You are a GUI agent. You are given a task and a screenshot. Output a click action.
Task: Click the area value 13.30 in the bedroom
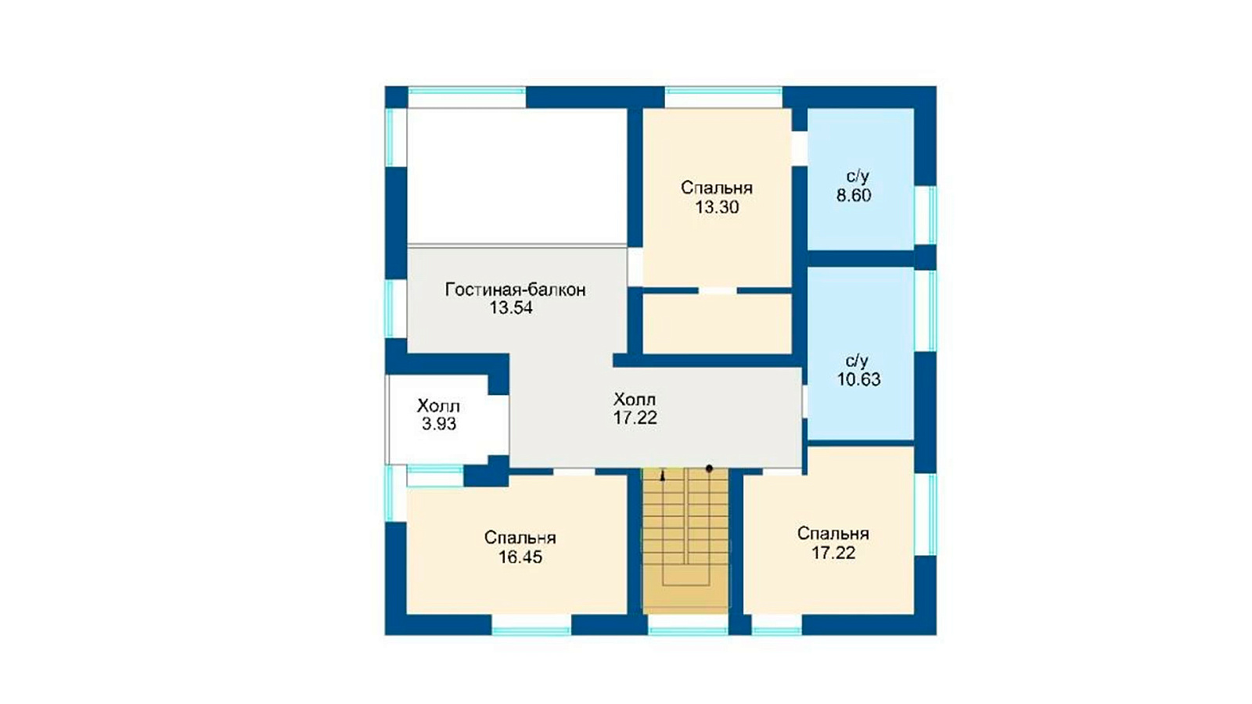tap(717, 207)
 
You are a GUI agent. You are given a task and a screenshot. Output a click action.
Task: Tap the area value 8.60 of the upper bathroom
tap(854, 196)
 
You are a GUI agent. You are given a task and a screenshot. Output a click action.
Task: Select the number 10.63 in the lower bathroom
tap(858, 379)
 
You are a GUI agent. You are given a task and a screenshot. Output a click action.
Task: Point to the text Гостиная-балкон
tap(516, 290)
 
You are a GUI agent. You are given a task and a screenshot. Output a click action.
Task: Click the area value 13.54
tap(512, 308)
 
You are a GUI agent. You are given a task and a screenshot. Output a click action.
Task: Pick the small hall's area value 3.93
tap(439, 424)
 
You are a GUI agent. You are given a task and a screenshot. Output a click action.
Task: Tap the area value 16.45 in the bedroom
tap(520, 557)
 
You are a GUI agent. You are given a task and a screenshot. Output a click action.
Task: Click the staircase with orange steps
tap(685, 541)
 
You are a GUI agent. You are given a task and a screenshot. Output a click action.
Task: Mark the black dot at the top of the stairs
tap(709, 469)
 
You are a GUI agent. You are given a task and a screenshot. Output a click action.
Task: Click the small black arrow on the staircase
tap(663, 476)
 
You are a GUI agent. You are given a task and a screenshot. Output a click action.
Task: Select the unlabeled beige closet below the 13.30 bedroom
tap(717, 324)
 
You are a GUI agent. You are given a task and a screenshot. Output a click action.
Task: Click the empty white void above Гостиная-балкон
tap(517, 176)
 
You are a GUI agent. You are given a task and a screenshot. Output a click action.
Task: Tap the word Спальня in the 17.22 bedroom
tap(833, 534)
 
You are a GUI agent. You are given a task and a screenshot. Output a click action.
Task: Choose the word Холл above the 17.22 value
tap(635, 400)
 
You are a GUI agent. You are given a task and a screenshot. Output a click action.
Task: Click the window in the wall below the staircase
tap(688, 625)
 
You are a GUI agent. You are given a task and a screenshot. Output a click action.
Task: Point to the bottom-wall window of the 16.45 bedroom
tap(531, 625)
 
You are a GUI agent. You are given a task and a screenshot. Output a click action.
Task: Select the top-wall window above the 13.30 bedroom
tap(723, 97)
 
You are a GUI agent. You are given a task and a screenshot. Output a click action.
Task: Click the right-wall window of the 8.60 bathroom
tap(926, 215)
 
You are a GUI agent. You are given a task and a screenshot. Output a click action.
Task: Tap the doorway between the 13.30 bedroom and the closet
tap(718, 290)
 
